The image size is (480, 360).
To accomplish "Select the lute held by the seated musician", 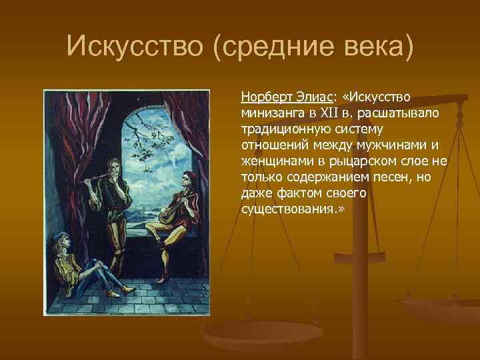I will click(x=170, y=213).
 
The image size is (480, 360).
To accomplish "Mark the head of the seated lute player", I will click(x=187, y=179).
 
